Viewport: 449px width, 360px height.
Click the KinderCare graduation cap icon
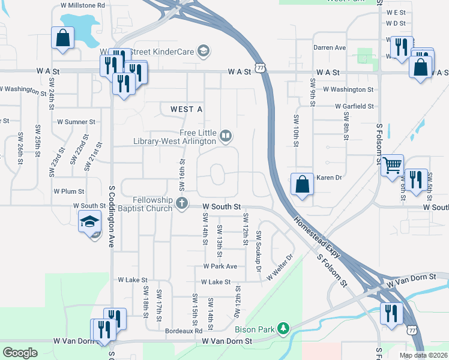click(x=203, y=52)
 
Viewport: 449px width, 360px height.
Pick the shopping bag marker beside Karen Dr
click(x=302, y=184)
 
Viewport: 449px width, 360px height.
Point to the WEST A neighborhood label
click(x=186, y=109)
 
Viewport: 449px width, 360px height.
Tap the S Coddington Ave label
click(x=112, y=216)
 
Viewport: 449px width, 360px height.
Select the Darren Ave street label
click(x=330, y=47)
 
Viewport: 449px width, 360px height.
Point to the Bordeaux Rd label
click(x=184, y=331)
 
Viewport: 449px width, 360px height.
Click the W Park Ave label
click(x=220, y=266)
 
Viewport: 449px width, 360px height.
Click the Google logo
click(x=20, y=353)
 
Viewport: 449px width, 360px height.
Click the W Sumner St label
click(x=76, y=121)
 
